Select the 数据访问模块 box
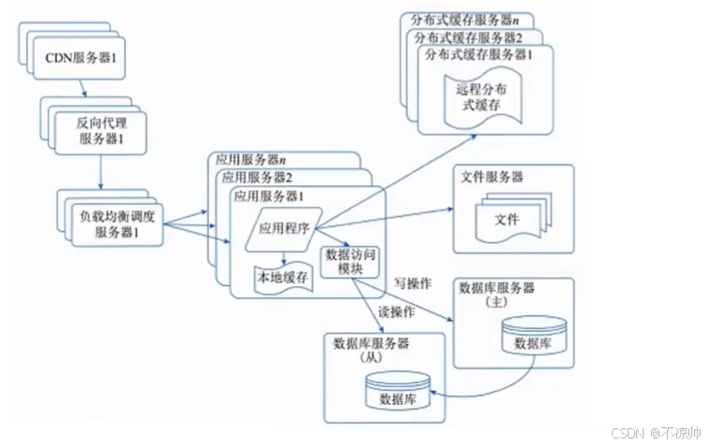click(348, 261)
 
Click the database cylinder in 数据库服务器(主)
click(533, 336)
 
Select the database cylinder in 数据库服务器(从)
click(397, 392)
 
